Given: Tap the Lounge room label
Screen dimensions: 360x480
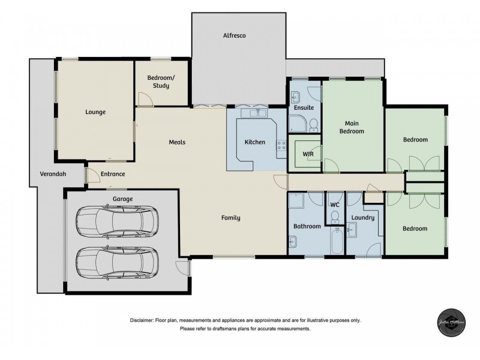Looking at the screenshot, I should pos(95,112).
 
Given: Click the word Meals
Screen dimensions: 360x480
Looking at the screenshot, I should pos(176,142).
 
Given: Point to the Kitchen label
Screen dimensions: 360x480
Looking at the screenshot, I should pos(255,142).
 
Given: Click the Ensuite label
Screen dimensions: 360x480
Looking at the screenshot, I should pos(304,107).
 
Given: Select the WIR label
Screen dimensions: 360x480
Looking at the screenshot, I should pos(308,154).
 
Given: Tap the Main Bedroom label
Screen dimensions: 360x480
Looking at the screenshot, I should pos(352,127).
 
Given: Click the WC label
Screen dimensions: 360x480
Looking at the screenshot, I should pos(335,205).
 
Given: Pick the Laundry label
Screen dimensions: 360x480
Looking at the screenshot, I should pos(363,217).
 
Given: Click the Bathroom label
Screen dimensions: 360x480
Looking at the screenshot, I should pos(307,226).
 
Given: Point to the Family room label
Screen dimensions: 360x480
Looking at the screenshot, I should pos(230,218).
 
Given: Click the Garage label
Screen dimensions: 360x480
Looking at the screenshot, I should pos(122,199).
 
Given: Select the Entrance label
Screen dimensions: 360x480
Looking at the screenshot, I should pos(113,174).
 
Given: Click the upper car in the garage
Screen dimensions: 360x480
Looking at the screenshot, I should pos(117,221).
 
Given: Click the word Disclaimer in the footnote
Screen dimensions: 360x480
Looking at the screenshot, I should pos(142,320).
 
